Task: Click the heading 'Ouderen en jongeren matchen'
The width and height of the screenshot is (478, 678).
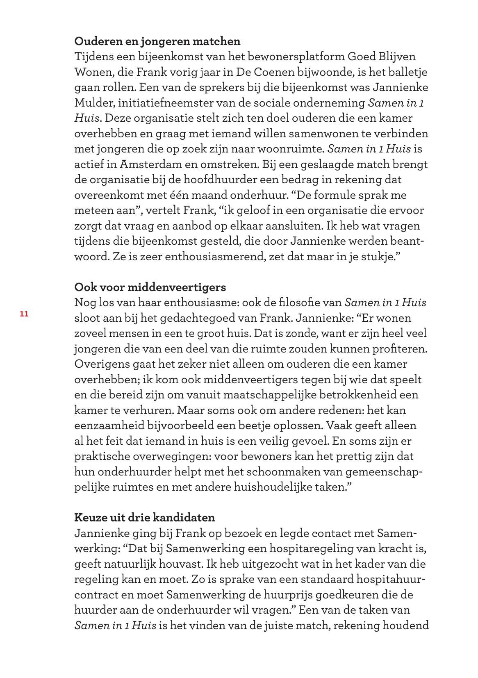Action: (x=157, y=41)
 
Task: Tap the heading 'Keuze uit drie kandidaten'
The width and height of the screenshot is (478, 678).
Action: (x=144, y=517)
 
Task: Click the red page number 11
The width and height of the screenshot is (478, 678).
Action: (x=24, y=314)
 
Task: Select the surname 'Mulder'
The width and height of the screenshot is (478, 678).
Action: (x=93, y=103)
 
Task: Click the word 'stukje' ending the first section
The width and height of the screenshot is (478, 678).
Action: (x=378, y=257)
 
